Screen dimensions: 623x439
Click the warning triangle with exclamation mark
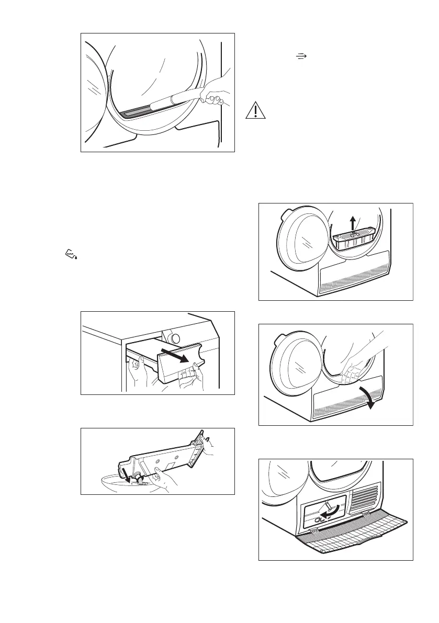[x=254, y=110]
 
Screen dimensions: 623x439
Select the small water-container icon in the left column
[x=70, y=254]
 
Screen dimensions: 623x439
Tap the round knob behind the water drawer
[x=174, y=336]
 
